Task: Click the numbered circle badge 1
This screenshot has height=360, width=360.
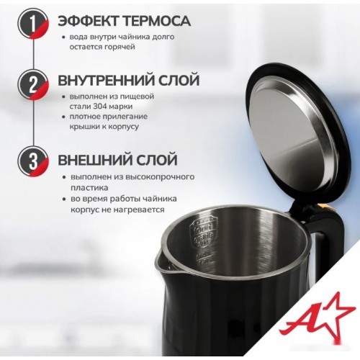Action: point(33,24)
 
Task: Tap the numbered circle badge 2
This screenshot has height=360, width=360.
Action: point(33,84)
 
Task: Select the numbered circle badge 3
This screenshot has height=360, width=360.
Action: point(33,161)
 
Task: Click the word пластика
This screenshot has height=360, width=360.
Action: point(89,188)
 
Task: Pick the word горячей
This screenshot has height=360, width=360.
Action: point(120,47)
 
